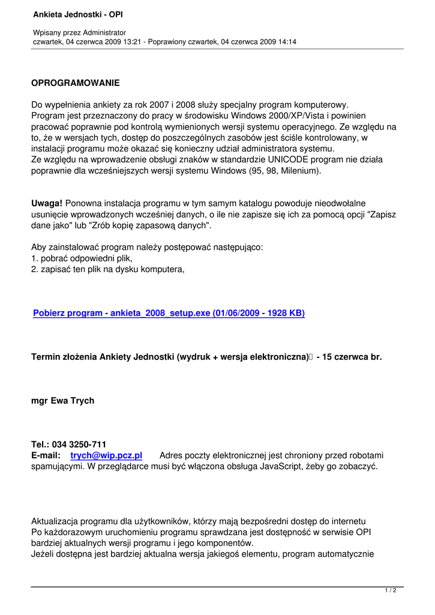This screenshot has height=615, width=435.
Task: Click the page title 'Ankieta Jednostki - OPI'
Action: (x=78, y=13)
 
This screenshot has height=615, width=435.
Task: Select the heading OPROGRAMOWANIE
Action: (x=76, y=83)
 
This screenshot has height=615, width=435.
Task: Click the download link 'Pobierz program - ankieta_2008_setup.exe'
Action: (x=169, y=313)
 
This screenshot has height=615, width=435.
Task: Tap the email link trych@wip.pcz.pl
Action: (x=106, y=456)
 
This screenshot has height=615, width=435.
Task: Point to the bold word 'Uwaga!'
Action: (x=47, y=204)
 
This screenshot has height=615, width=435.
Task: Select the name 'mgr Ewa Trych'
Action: (x=62, y=401)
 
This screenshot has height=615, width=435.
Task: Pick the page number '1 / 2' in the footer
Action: (x=390, y=591)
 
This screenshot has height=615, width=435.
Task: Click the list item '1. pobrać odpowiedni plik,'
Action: (x=82, y=258)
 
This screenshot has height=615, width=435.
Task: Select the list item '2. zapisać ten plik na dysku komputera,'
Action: (x=108, y=269)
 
